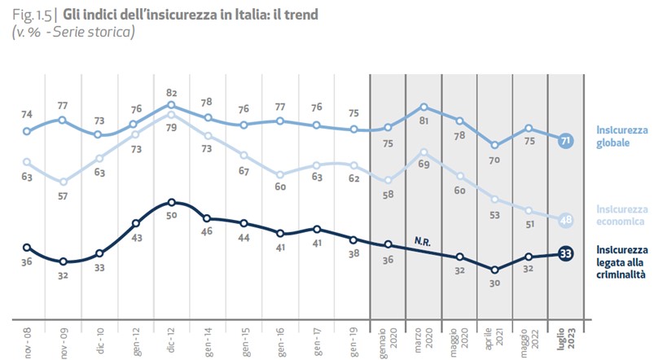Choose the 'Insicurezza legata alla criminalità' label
pos(621,262)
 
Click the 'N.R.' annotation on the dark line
pos(422,241)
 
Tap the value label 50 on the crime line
pos(171,216)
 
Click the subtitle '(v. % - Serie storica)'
pos(72,32)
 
